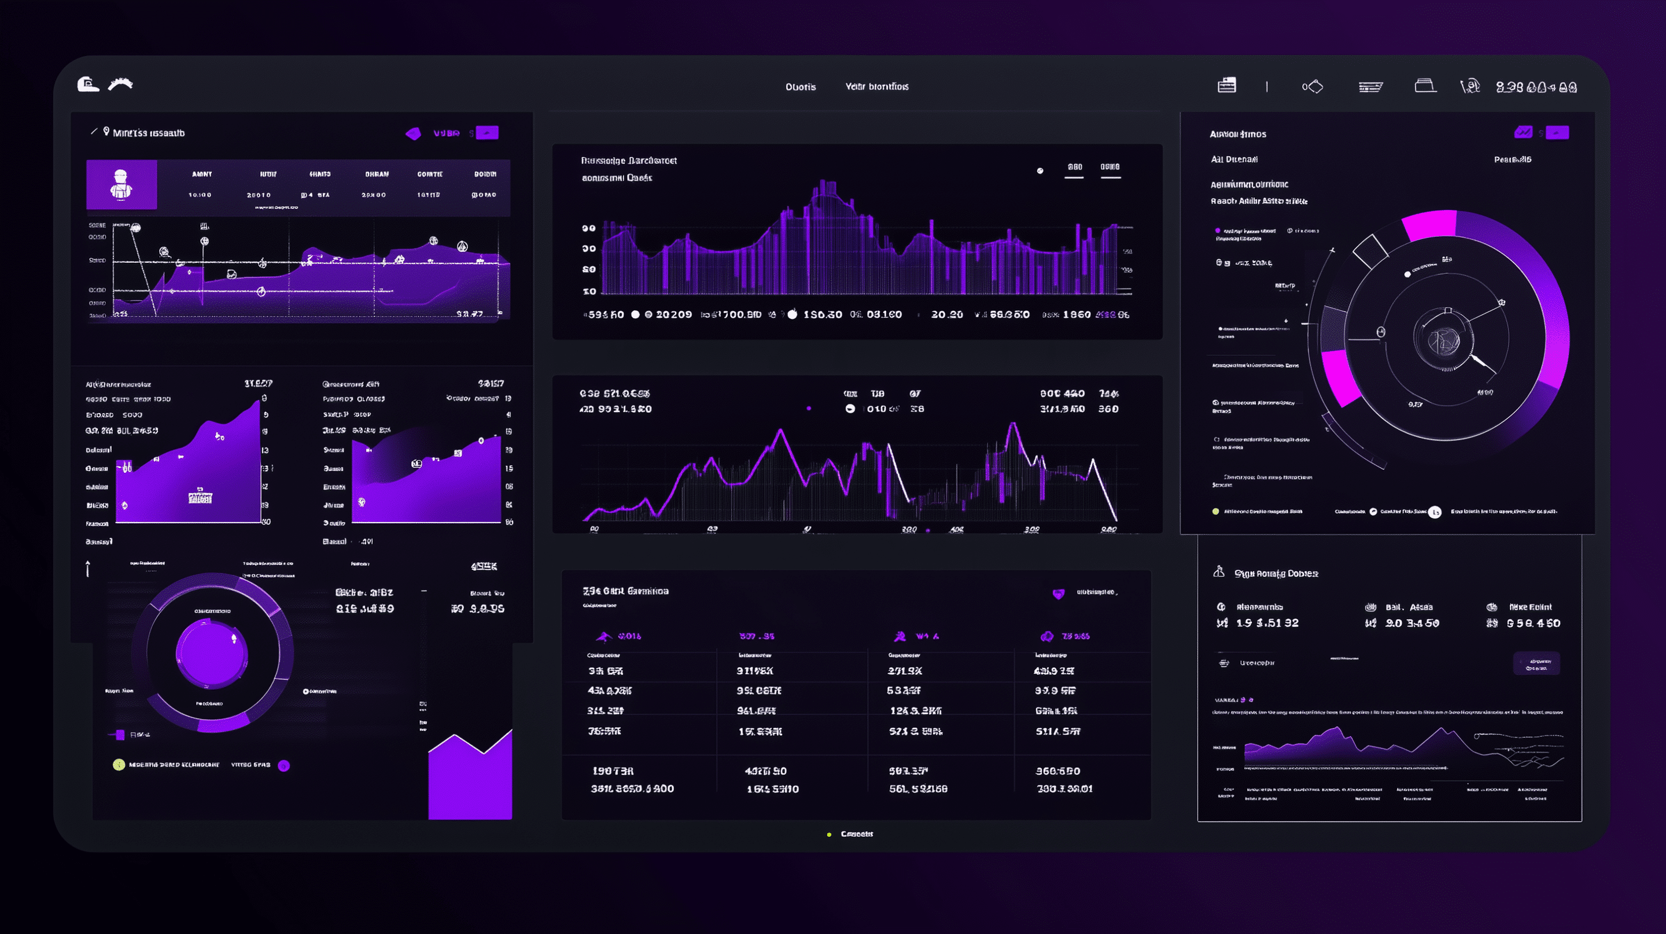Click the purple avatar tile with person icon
point(121,185)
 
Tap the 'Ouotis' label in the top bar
point(801,87)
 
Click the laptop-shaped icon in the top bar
point(1425,86)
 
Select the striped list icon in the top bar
point(1370,87)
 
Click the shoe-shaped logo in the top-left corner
point(88,84)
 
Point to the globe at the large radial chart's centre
point(1443,340)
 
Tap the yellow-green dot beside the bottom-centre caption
point(829,835)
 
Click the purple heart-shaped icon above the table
point(1058,594)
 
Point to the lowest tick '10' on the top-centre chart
point(589,292)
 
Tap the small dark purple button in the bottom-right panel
point(1536,664)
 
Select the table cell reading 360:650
point(1058,771)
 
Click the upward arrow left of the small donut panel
point(88,568)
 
